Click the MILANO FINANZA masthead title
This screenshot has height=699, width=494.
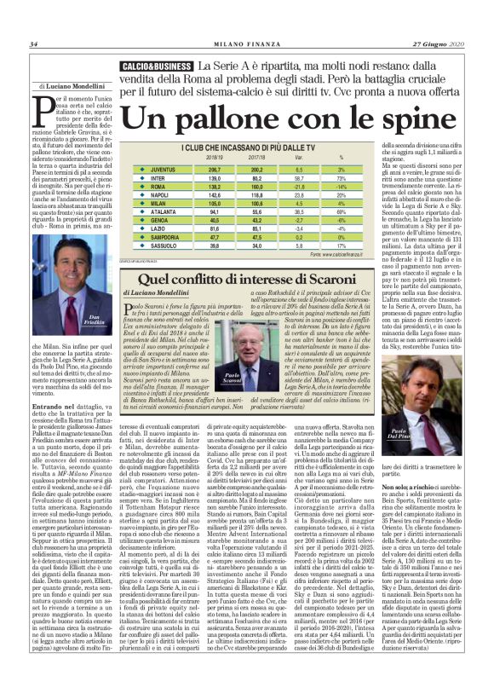[x=247, y=44]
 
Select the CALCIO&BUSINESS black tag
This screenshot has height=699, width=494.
[x=157, y=66]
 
